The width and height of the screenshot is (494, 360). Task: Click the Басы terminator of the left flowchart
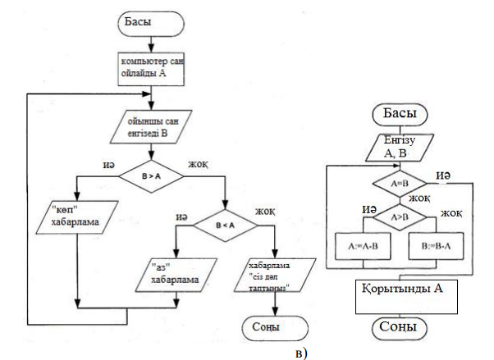[x=149, y=22]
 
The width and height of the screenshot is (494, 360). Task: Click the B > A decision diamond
[x=150, y=175]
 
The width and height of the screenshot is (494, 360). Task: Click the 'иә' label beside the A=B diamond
[x=444, y=176]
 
